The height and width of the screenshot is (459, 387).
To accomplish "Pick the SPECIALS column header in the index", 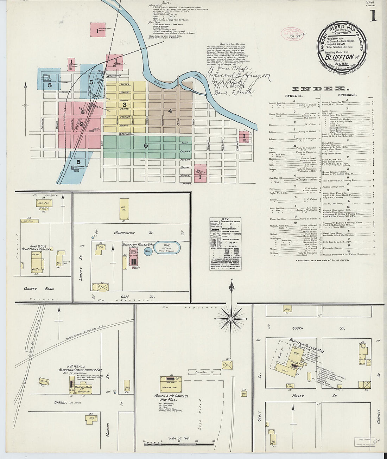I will pyautogui.click(x=347, y=95).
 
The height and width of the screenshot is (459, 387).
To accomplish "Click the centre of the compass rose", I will pyautogui.click(x=231, y=319).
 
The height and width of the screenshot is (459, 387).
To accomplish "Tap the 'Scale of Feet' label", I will pyautogui.click(x=179, y=438).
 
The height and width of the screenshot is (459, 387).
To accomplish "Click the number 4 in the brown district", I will pyautogui.click(x=170, y=111).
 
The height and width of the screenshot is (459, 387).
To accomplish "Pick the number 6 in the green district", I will pyautogui.click(x=146, y=145).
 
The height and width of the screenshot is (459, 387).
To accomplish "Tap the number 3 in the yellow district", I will pyautogui.click(x=124, y=104).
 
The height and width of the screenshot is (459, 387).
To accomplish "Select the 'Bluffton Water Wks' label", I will pyautogui.click(x=138, y=244).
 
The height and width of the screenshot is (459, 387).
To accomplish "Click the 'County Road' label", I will pyautogui.click(x=39, y=288).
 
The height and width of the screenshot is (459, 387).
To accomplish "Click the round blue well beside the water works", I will pyautogui.click(x=148, y=252).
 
